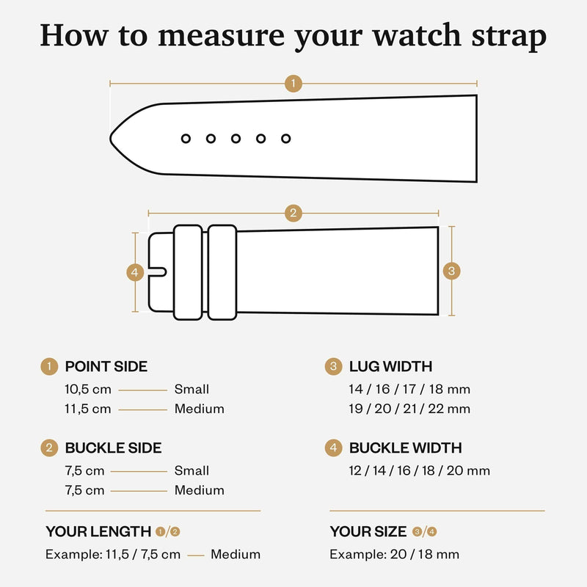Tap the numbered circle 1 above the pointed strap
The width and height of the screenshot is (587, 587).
click(293, 83)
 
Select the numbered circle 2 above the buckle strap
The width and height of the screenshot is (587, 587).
click(293, 214)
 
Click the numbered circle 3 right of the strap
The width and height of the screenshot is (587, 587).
click(452, 271)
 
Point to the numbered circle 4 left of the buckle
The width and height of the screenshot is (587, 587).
click(134, 272)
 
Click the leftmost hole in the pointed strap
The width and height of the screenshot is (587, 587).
click(186, 138)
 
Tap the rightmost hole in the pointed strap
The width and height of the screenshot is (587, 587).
click(285, 138)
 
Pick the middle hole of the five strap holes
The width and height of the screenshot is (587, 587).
click(236, 138)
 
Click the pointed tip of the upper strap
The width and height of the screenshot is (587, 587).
click(112, 138)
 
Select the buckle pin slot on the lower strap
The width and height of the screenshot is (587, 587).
click(158, 272)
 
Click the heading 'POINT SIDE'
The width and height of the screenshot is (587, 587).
click(106, 366)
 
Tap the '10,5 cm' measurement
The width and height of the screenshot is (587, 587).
click(88, 390)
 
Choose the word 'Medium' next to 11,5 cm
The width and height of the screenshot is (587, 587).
click(199, 409)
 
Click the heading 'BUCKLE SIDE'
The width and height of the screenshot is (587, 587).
click(113, 448)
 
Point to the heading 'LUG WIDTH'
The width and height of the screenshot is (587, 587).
click(390, 366)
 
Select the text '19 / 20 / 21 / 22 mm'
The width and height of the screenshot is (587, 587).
click(409, 409)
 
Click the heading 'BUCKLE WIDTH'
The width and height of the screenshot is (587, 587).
click(405, 448)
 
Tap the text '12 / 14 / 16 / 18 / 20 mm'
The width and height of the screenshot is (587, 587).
click(419, 470)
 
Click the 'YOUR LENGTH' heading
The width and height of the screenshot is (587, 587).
click(98, 531)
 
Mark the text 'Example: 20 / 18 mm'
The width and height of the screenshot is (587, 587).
click(394, 554)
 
